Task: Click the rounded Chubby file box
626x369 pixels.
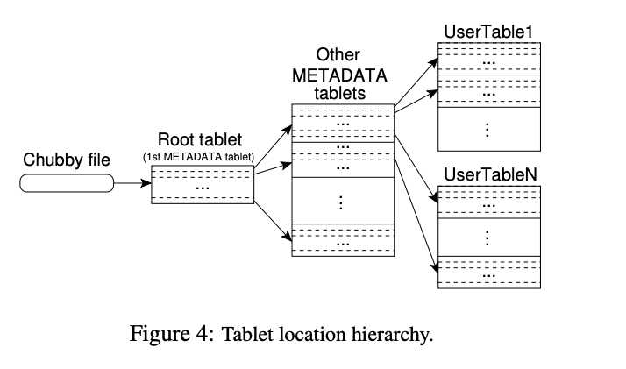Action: tap(67, 183)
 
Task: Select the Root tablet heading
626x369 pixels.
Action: tap(201, 140)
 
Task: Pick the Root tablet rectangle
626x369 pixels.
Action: tap(203, 185)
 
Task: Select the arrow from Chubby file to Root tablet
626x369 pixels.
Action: tap(132, 184)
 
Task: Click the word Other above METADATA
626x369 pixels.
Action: tap(338, 54)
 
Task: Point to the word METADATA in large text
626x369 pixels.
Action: tap(338, 74)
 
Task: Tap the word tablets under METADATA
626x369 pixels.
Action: tap(338, 92)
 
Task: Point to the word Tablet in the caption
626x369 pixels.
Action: tap(248, 334)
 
